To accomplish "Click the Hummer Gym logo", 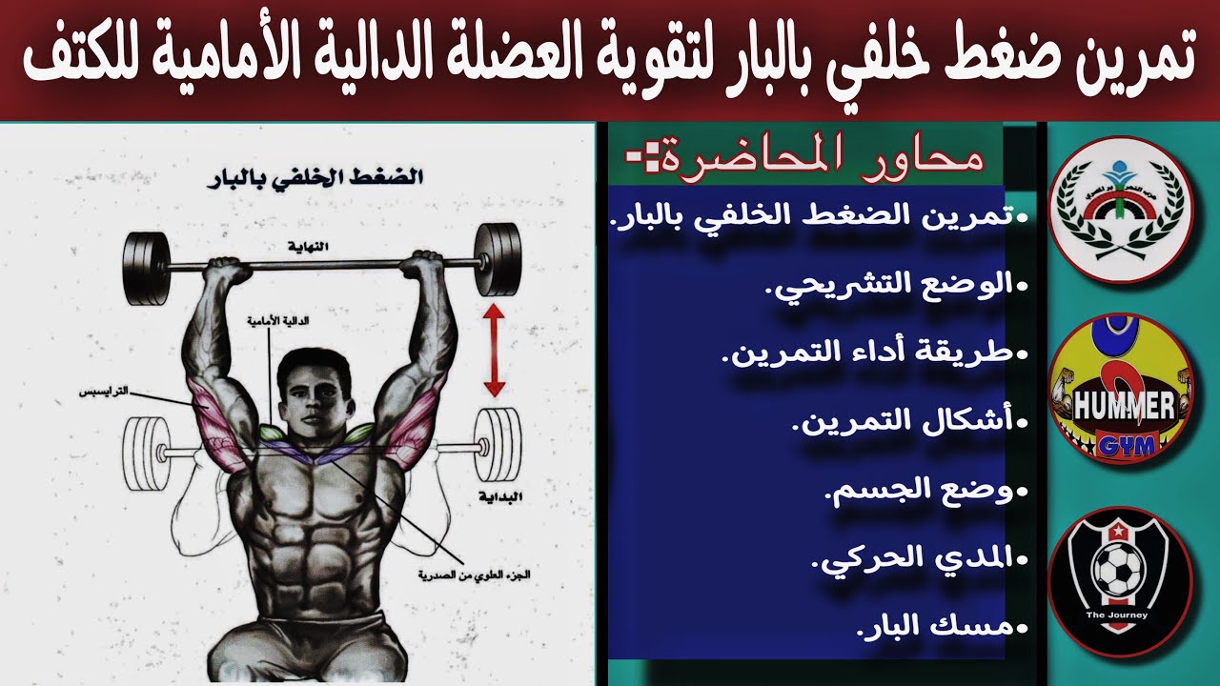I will [1120, 390].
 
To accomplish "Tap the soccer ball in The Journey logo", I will [1117, 568].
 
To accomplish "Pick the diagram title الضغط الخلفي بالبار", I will [315, 179].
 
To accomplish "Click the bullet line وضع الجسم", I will [925, 492].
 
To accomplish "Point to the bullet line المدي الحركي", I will [919, 558].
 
